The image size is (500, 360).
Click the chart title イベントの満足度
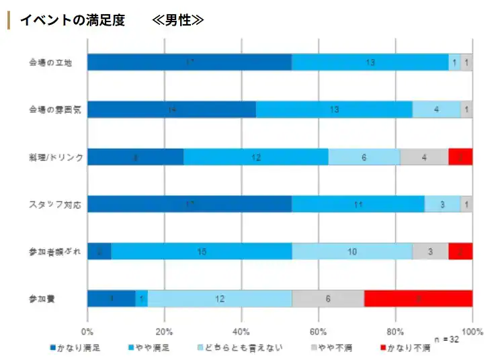pyautogui.click(x=72, y=20)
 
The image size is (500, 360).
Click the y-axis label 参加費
pyautogui.click(x=42, y=298)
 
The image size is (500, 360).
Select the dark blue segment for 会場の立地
pyautogui.click(x=189, y=62)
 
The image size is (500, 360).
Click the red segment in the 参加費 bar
pyautogui.click(x=418, y=299)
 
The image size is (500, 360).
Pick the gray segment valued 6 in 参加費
pyautogui.click(x=328, y=299)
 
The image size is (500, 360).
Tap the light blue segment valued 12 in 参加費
pyautogui.click(x=220, y=299)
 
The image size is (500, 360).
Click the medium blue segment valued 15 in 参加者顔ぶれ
pyautogui.click(x=201, y=251)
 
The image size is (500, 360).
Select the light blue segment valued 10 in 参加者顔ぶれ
pyautogui.click(x=352, y=251)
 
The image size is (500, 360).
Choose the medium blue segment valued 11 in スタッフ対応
pyautogui.click(x=358, y=204)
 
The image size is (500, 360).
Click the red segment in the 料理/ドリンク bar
pyautogui.click(x=460, y=156)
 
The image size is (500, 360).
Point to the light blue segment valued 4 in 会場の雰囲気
pyautogui.click(x=436, y=109)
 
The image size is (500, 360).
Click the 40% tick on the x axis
pyautogui.click(x=241, y=331)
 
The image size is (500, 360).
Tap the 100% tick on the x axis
pyautogui.click(x=473, y=331)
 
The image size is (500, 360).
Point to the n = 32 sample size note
pyautogui.click(x=446, y=339)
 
